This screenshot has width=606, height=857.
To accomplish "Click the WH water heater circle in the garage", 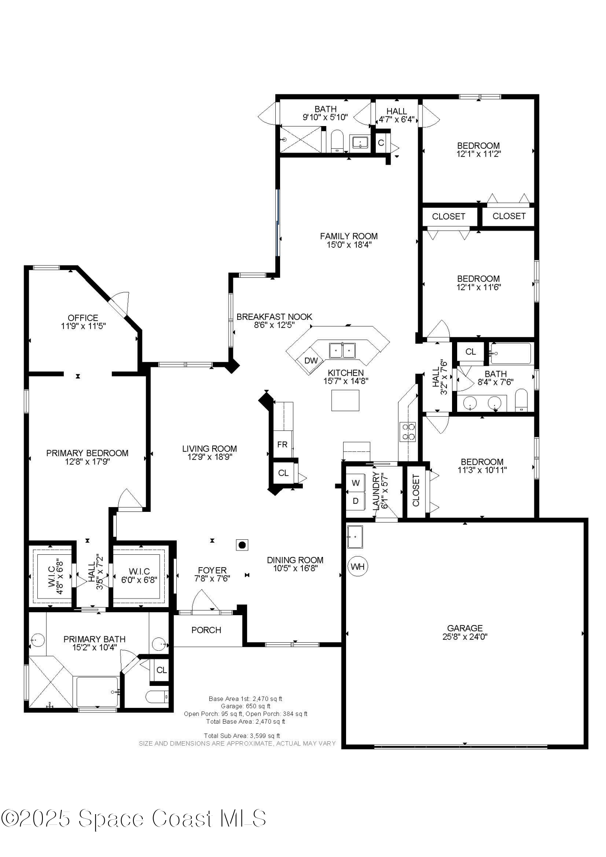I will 357,566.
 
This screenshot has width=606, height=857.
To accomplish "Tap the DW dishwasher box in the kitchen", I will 311,361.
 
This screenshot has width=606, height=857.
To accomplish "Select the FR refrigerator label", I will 282,445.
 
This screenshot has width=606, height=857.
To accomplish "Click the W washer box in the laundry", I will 356,483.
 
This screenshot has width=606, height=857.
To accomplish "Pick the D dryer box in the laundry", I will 356,501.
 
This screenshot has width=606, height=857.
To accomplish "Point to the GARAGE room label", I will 465,628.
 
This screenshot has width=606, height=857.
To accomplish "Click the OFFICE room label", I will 83,318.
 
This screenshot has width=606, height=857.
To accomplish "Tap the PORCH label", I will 206,630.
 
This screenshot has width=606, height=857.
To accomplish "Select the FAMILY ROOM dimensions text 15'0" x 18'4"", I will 349,245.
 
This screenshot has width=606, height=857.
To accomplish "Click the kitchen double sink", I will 342,350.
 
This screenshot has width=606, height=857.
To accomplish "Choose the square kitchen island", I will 345,400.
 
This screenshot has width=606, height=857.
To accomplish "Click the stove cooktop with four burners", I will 407,432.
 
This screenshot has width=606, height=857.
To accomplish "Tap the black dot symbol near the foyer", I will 242,545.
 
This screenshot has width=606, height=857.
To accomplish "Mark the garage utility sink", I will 355,536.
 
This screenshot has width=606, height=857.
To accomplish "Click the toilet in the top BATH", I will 338,141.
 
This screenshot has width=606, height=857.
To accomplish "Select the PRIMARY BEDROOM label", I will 87,453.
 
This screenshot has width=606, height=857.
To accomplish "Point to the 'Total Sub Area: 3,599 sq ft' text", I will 242,736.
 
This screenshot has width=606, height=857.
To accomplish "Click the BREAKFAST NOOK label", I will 274,317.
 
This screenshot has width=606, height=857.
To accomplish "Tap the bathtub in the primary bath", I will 97,692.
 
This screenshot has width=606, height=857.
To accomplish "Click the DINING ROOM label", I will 295,560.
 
